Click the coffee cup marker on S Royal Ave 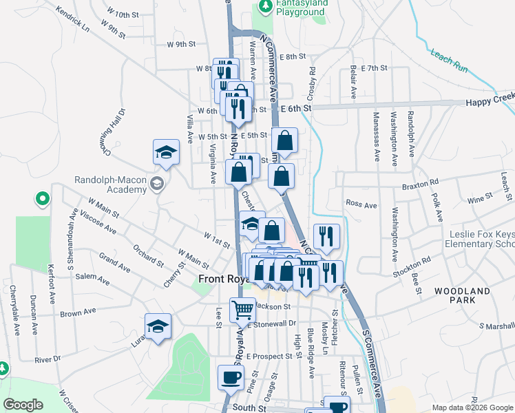[231, 377]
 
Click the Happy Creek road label [490, 100]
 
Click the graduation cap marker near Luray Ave [158, 327]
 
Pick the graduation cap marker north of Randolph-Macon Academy [166, 153]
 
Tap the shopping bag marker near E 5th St [284, 140]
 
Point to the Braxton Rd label [421, 184]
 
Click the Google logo [23, 405]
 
